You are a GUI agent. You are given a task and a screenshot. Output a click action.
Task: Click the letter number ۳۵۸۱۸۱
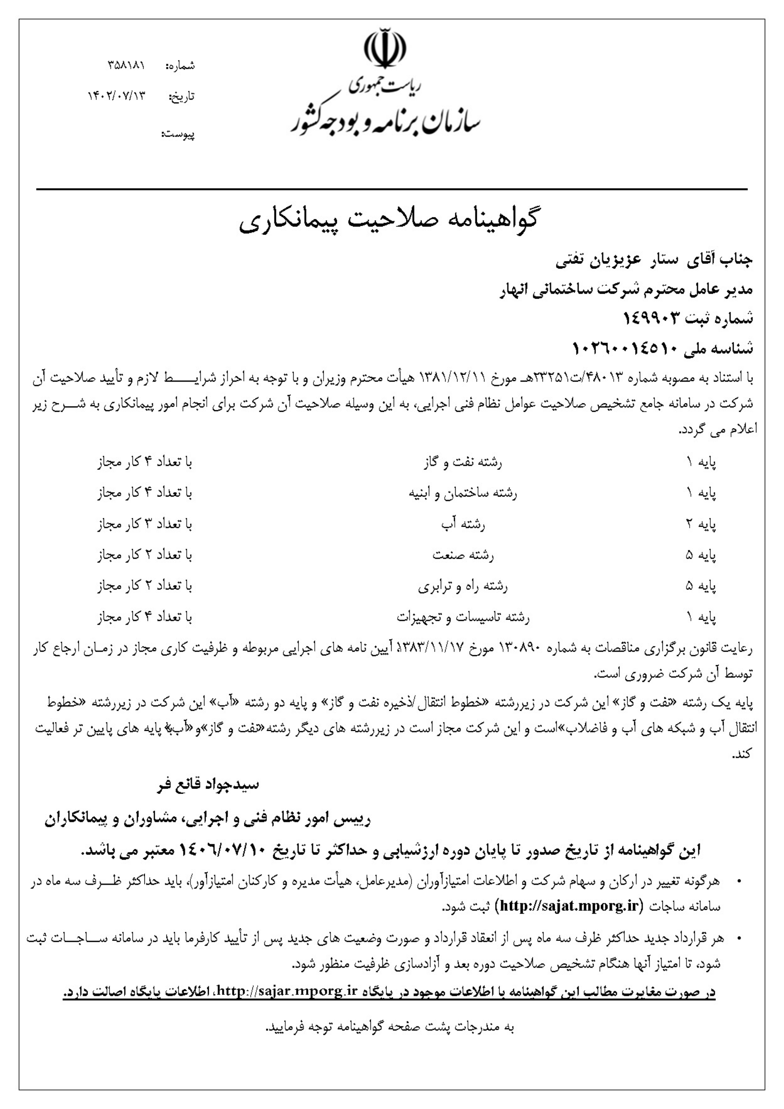pyautogui.click(x=126, y=65)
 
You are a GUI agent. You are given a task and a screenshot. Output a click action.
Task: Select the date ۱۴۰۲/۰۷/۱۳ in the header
pyautogui.click(x=116, y=96)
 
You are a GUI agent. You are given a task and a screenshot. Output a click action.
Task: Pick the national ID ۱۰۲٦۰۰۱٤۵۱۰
pyautogui.click(x=627, y=349)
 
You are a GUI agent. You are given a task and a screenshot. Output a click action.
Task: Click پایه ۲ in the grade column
pyautogui.click(x=700, y=524)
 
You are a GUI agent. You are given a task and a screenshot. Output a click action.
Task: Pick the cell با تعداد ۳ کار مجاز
pyautogui.click(x=145, y=524)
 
